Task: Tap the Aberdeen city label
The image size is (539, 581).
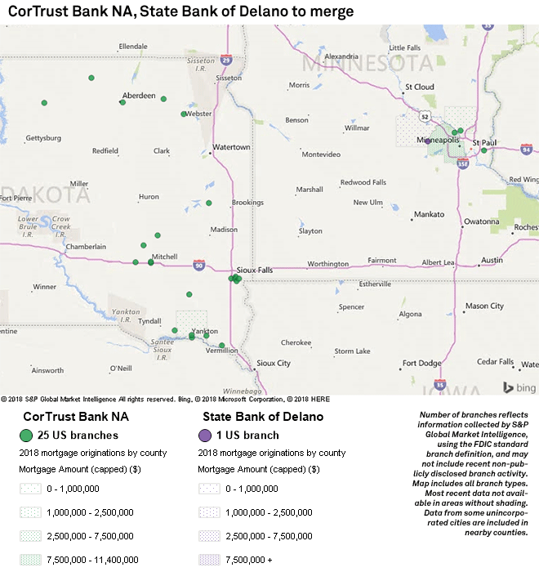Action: coord(139,96)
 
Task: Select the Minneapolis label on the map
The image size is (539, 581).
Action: coord(439,140)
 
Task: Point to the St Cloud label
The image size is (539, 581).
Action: coord(419,87)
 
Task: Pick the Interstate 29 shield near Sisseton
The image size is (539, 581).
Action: coord(226,59)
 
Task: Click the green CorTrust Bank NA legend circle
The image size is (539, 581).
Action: coord(26,435)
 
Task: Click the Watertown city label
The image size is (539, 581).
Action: coord(231,147)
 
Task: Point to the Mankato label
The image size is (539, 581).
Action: coord(429,214)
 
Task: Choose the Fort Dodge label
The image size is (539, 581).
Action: coord(421,363)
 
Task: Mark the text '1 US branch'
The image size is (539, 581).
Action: coord(247,435)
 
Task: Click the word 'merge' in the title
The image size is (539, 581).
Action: coord(333,11)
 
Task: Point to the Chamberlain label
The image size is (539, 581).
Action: coord(86,246)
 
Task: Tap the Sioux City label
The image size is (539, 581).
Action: coord(273,363)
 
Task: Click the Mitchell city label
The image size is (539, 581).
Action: coord(164,257)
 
